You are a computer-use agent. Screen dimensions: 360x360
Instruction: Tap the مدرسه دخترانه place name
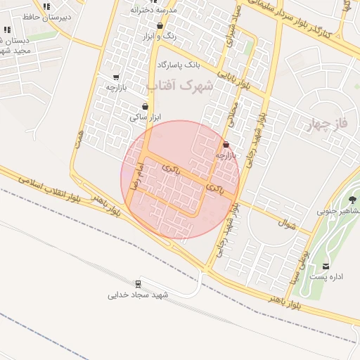tap(160, 11)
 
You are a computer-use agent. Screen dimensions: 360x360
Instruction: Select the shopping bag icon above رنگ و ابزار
tap(160, 25)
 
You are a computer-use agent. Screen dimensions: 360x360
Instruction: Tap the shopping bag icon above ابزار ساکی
tap(144, 107)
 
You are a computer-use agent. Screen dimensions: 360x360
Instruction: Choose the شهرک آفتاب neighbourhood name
tap(180, 85)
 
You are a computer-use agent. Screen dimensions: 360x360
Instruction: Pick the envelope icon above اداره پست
tap(326, 266)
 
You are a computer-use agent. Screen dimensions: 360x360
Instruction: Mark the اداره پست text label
tap(327, 276)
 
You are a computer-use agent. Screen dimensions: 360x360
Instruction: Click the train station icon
tap(138, 284)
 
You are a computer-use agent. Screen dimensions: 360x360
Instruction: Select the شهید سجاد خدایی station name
tap(139, 295)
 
